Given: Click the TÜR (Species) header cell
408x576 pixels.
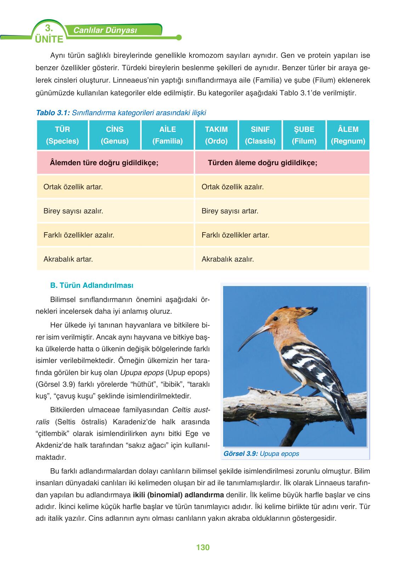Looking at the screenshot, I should (x=62, y=135).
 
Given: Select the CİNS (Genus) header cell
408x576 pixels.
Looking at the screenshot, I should (x=115, y=135).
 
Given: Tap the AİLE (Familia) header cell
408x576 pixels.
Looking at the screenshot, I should (x=168, y=135).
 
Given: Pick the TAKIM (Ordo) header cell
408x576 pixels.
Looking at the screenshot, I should (x=216, y=135).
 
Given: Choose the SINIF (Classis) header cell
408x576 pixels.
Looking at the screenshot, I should (x=260, y=135).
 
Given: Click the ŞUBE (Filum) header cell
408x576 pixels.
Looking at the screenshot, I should (x=304, y=135).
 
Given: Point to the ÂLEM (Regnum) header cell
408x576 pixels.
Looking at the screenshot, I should (x=348, y=135).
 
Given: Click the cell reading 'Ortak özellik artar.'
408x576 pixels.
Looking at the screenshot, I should (x=115, y=187).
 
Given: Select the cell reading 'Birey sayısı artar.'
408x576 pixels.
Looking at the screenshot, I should (x=282, y=211).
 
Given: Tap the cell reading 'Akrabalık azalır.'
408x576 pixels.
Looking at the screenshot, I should (x=282, y=259).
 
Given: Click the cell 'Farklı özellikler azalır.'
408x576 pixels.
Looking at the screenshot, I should (x=115, y=235).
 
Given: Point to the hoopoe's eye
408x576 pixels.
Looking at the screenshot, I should (x=275, y=319).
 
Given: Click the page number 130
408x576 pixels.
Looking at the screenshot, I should (x=203, y=547).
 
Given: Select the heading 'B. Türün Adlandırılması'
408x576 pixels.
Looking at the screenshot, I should (x=92, y=285).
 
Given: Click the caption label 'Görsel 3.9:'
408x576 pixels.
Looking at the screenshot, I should (x=240, y=454).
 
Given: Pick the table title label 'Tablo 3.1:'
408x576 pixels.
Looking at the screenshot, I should (x=53, y=113).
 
